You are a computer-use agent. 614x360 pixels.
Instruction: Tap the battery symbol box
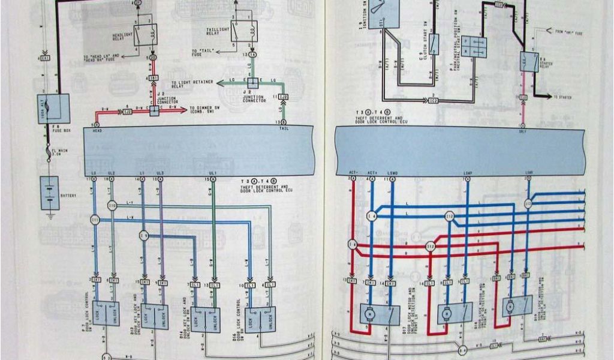[x=49, y=193]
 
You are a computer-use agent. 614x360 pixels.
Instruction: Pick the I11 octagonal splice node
[x=95, y=221]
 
